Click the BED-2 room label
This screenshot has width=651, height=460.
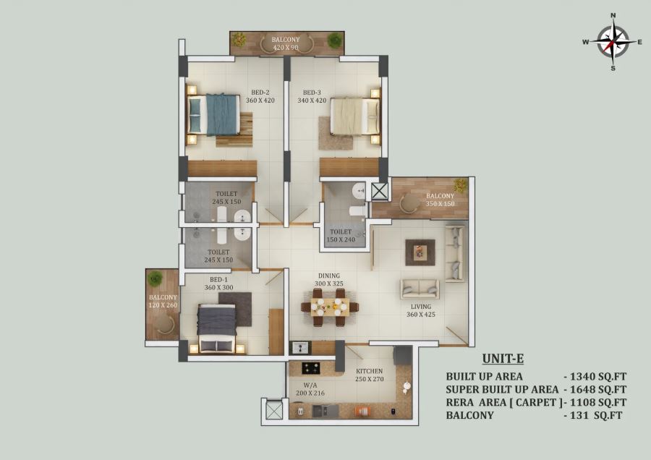pyautogui.click(x=260, y=93)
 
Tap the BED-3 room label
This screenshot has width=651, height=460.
pyautogui.click(x=312, y=93)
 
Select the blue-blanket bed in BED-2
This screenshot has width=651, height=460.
pyautogui.click(x=214, y=114)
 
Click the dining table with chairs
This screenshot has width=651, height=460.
pyautogui.click(x=330, y=307)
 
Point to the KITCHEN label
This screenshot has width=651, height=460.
pyautogui.click(x=369, y=371)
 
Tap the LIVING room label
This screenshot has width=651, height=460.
pyautogui.click(x=421, y=307)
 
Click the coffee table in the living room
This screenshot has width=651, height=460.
pyautogui.click(x=420, y=252)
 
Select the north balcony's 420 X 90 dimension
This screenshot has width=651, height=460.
pyautogui.click(x=286, y=47)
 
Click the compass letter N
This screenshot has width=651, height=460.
pyautogui.click(x=613, y=16)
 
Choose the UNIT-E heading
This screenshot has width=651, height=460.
pyautogui.click(x=503, y=358)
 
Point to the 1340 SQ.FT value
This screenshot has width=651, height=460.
pyautogui.click(x=598, y=377)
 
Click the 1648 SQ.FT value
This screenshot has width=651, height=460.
pyautogui.click(x=598, y=389)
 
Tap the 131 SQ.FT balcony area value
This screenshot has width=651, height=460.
pyautogui.click(x=596, y=415)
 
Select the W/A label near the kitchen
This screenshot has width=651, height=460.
pyautogui.click(x=310, y=386)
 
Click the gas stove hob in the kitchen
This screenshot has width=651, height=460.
pyautogui.click(x=310, y=368)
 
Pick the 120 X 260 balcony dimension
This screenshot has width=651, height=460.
pyautogui.click(x=163, y=305)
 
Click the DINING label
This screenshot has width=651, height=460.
pyautogui.click(x=329, y=276)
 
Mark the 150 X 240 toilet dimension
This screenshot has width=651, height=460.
pyautogui.click(x=341, y=239)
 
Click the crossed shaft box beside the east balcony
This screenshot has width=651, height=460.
pyautogui.click(x=380, y=192)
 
